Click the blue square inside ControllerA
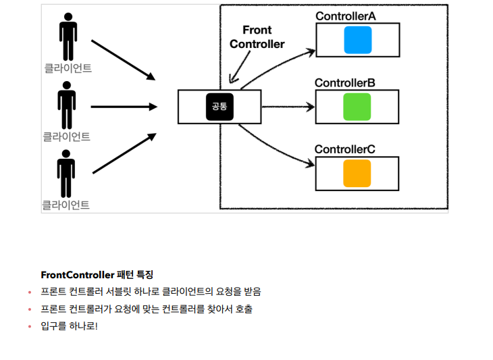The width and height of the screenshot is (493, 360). coord(357,40)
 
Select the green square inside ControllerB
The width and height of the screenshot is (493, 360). coord(357,107)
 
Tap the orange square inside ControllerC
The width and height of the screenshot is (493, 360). coord(357,173)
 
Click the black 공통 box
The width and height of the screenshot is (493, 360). coord(219,107)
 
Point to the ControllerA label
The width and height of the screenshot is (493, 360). coord(346,16)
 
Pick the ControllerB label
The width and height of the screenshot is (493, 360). coord(345,82)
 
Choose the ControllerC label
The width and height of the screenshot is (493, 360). coord(345,149)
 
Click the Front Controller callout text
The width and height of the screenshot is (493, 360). coord(257,37)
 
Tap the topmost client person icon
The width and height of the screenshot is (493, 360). coord(68,36)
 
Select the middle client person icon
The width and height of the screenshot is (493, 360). coord(66,105)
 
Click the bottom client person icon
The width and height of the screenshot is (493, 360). coord(66,173)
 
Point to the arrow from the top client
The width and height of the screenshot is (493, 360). coord(123,59)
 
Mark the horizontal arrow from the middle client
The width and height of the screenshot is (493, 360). coord(123,107)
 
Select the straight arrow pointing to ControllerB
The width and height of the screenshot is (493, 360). coord(288,107)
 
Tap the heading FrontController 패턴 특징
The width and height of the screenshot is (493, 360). coord(97,275)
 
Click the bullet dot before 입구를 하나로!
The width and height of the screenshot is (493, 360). coord(30,327)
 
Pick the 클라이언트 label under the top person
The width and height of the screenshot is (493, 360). coord(68,68)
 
